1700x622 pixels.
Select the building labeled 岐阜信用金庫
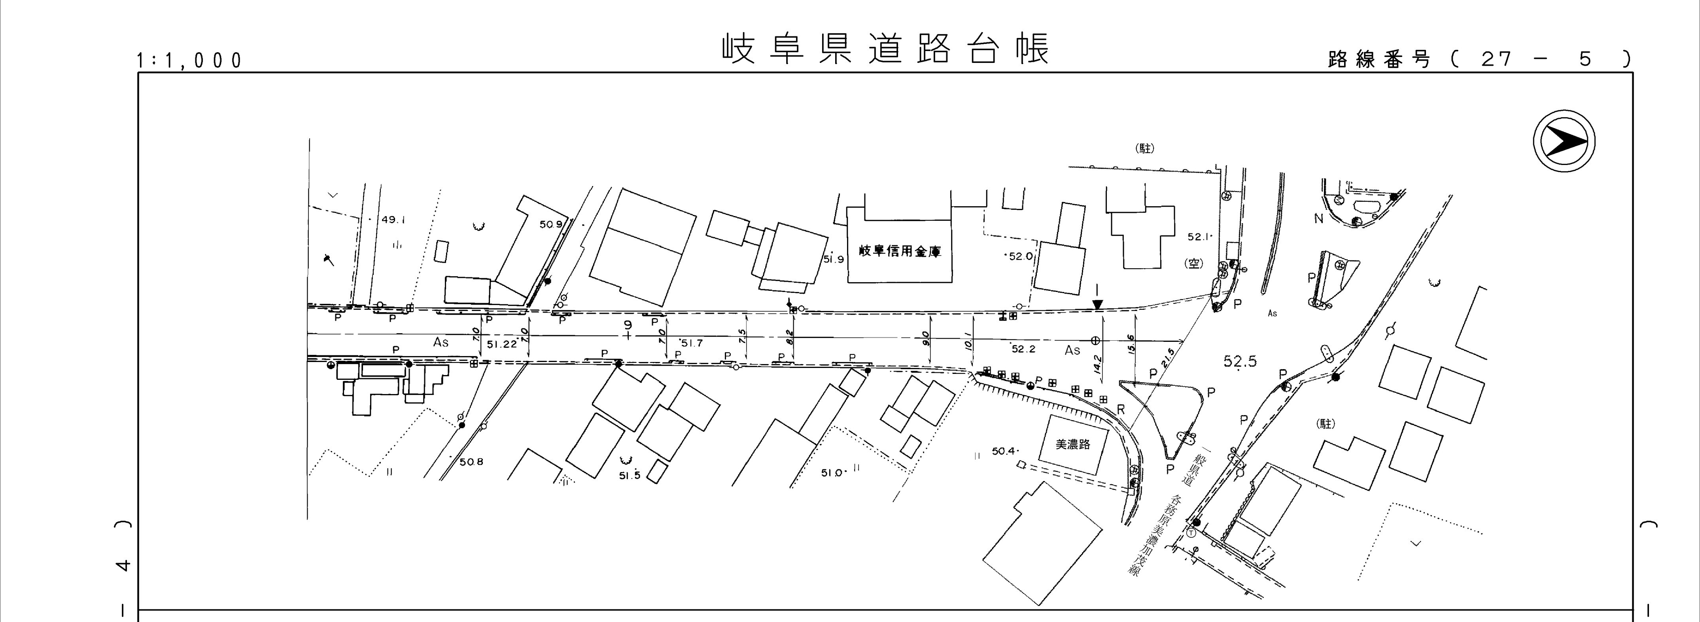point(900,251)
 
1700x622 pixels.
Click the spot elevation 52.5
point(1240,361)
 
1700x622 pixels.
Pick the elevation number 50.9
point(551,224)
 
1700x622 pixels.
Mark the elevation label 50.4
point(1004,451)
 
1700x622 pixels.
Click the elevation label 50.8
point(471,461)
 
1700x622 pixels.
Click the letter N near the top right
point(1318,218)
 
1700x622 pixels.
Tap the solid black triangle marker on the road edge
point(1097,304)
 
